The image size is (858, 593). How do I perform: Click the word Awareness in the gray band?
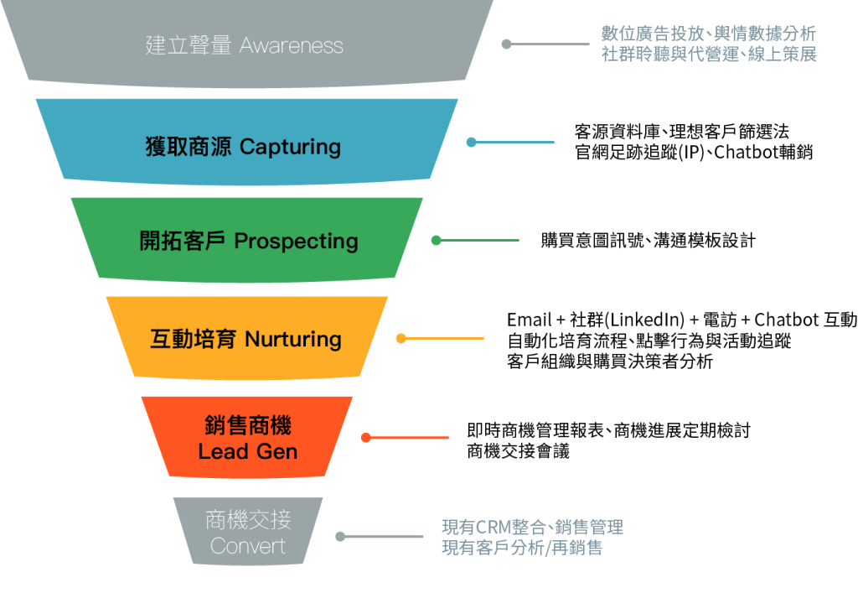point(292,45)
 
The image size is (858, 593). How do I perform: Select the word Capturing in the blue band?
point(290,147)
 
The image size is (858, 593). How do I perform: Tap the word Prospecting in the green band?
point(296,242)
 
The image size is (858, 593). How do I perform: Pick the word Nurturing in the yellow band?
point(292,340)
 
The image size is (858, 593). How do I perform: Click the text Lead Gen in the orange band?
point(247,452)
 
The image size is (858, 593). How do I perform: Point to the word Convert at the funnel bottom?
point(248,547)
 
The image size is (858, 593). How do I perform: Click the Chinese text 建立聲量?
point(189,45)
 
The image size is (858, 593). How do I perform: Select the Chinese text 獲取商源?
point(189,147)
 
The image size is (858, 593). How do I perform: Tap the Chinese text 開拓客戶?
point(183,242)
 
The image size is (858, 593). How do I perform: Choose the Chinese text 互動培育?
point(193,340)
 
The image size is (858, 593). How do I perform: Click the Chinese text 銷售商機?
point(247,426)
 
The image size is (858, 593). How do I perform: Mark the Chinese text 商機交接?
point(248,520)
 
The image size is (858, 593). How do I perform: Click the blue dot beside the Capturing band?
point(471,143)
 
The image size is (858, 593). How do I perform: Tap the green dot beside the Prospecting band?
point(436,241)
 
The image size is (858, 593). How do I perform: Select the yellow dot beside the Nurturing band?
point(401,339)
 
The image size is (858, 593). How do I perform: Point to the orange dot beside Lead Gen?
point(365,437)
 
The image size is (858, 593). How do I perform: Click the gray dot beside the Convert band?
point(340,537)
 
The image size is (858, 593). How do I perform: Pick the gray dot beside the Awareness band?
point(506,44)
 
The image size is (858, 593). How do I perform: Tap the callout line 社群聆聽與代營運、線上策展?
point(709,56)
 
